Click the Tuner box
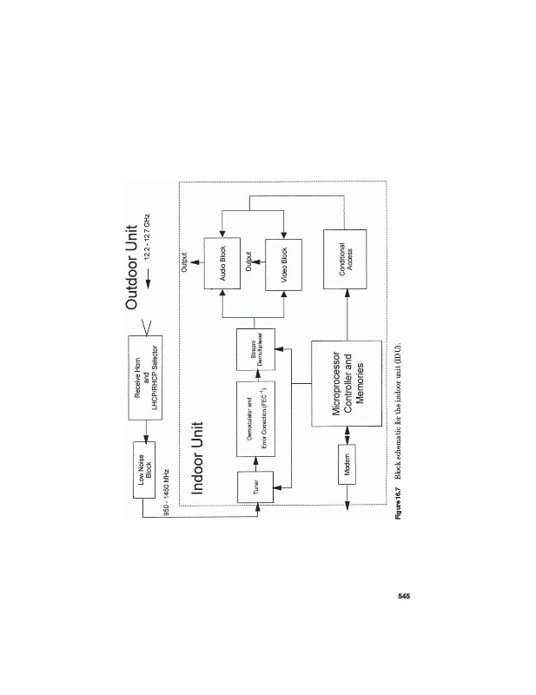(255, 487)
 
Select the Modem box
(347, 465)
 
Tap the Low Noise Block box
(144, 470)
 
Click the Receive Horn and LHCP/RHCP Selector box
(145, 378)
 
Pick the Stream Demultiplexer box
(255, 349)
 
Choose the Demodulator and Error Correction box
(255, 419)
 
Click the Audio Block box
(222, 263)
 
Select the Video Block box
(284, 265)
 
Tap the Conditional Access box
(345, 259)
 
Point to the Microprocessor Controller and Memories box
(347, 383)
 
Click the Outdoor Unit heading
(132, 268)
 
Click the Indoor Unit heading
(196, 458)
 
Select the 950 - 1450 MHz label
(167, 492)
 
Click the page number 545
(404, 596)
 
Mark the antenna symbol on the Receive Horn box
(147, 328)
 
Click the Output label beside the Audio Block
(185, 262)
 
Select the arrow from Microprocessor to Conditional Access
(347, 314)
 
